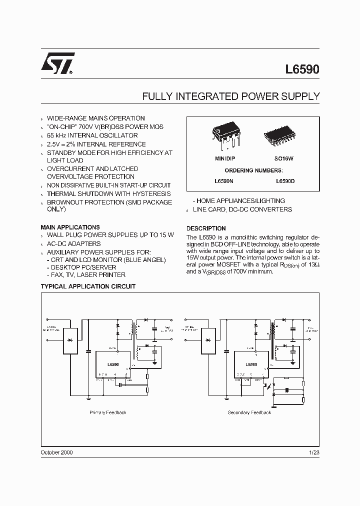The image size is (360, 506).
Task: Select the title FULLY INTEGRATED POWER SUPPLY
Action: pos(231,97)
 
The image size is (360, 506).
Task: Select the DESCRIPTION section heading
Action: pos(206,228)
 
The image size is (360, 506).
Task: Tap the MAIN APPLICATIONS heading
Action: pos(70,227)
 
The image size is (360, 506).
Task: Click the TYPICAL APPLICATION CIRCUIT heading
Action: pos(88,286)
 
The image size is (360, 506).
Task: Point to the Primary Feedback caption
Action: pos(108,412)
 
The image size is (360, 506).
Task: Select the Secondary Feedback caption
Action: pos(249,412)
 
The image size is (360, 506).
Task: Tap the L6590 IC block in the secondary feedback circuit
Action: pos(250,365)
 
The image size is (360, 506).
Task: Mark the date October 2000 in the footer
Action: pos(56,452)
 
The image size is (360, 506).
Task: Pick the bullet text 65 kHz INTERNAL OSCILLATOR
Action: pos(92,135)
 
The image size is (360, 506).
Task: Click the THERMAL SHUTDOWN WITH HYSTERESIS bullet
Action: pos(108,193)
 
